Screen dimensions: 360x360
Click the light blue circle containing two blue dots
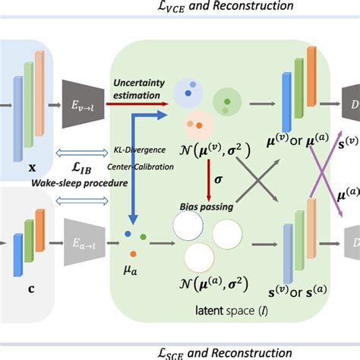click(x=187, y=93)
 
